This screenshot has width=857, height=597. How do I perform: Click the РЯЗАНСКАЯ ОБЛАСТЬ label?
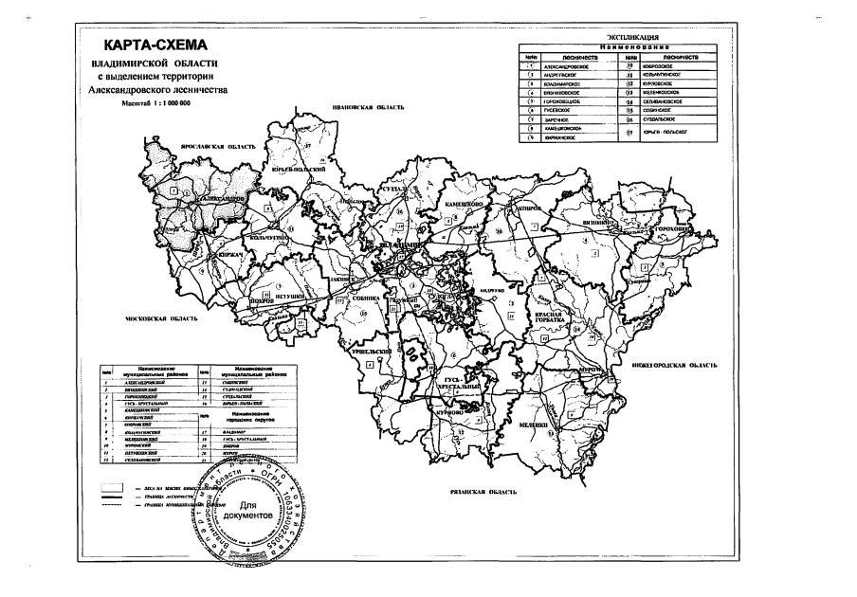(483, 493)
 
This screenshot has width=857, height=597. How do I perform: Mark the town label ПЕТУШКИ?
(290, 297)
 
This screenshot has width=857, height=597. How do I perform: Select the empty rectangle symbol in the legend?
(114, 483)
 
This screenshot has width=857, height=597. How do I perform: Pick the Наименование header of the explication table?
(616, 46)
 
